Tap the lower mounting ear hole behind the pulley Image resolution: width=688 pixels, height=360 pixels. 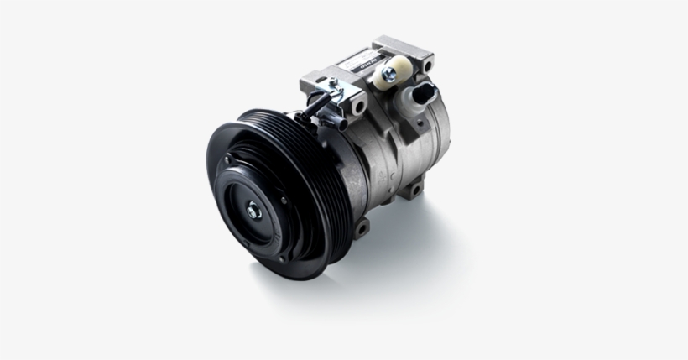(361, 227)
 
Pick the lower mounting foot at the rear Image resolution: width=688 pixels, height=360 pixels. (409, 190)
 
